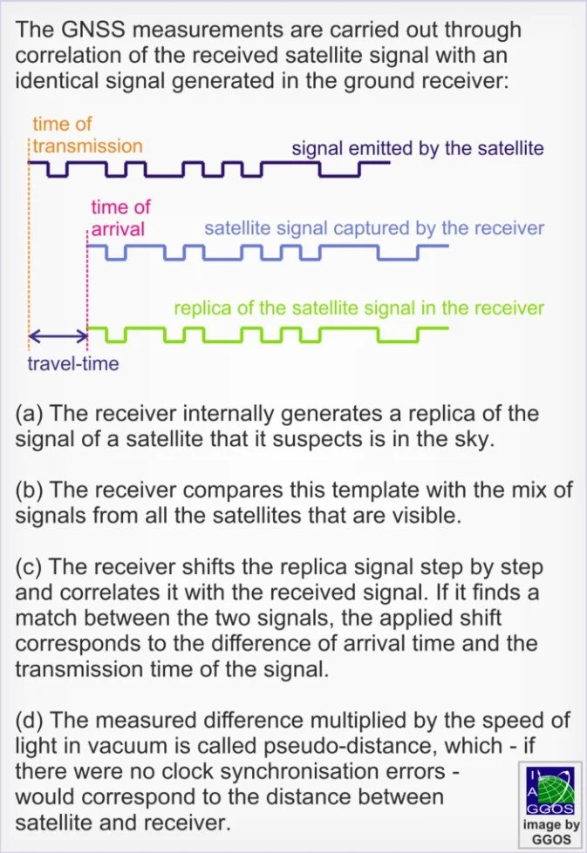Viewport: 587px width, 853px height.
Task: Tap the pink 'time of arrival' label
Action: (x=120, y=218)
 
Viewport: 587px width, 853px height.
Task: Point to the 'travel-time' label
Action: (x=73, y=363)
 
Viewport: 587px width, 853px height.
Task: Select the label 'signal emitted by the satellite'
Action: (x=417, y=148)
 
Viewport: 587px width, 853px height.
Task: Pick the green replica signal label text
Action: (x=358, y=308)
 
